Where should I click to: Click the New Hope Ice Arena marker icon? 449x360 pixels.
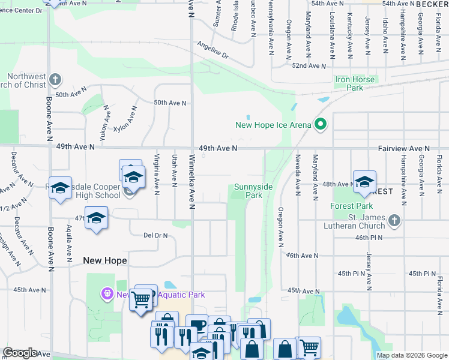point(321,125)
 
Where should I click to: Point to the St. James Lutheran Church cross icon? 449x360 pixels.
point(394,220)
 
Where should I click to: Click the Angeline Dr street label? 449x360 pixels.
point(213,50)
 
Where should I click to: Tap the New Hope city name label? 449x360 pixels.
point(105,260)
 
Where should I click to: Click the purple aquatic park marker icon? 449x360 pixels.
point(107,294)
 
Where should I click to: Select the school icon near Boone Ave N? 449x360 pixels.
point(61,187)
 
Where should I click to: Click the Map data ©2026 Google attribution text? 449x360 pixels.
point(411,355)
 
